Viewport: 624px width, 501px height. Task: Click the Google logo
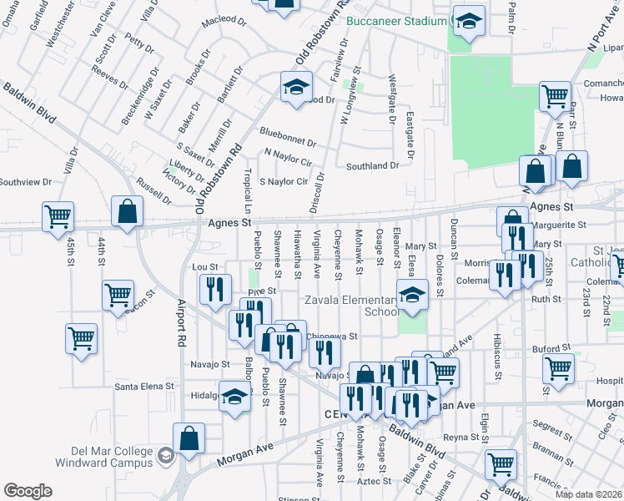point(28,490)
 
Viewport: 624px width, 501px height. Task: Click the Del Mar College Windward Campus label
point(103,455)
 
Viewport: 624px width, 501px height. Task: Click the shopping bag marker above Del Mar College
point(189,438)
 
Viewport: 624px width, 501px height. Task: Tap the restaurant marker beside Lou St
point(216,289)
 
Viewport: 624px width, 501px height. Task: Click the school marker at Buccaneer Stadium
point(469,25)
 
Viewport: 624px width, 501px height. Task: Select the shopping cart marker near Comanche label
point(554,95)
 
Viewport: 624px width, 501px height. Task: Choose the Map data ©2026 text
point(589,494)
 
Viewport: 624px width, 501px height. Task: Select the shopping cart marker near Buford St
point(558,368)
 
